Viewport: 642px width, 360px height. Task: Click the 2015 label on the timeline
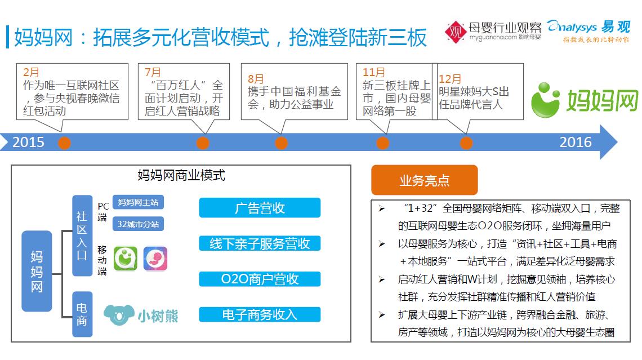28,142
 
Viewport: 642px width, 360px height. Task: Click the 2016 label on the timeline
575,142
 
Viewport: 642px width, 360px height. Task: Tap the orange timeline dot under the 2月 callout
64,143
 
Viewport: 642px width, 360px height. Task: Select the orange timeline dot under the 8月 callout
281,143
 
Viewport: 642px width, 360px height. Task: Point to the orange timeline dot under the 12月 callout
466,143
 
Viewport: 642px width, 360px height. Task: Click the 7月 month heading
153,73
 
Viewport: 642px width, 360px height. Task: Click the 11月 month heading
374,73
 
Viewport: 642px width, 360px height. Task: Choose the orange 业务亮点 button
425,180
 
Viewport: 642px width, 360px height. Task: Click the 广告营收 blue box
260,208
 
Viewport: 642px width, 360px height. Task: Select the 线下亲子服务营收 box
260,244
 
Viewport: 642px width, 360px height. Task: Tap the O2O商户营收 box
260,279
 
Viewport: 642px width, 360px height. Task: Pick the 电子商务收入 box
260,314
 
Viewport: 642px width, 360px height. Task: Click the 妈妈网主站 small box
138,202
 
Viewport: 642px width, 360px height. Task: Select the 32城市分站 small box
138,224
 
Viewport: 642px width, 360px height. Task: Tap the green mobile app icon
125,259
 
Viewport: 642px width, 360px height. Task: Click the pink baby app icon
155,259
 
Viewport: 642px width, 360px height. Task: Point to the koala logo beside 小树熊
119,315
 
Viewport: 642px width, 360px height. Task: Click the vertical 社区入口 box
82,235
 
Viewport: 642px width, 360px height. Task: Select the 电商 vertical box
82,314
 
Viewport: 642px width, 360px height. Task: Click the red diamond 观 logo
455,32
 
